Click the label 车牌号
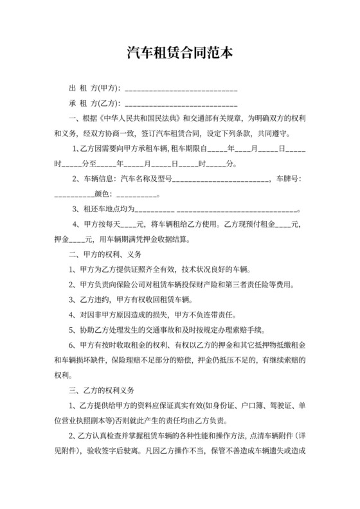288,178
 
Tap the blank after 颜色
137,194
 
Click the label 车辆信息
96,178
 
